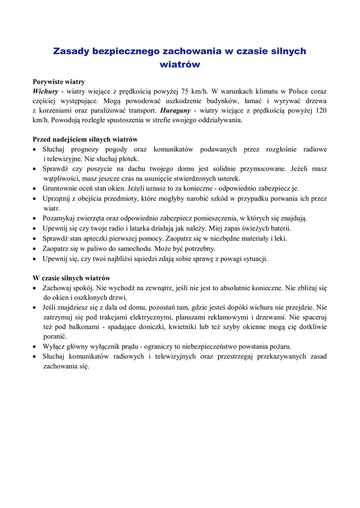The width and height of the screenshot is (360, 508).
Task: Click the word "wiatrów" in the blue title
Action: pyautogui.click(x=180, y=64)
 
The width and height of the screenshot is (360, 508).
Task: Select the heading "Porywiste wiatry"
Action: pyautogui.click(x=59, y=81)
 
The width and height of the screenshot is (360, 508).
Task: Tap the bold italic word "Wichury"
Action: pyautogui.click(x=46, y=91)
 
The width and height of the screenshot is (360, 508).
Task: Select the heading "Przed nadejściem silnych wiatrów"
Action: pyautogui.click(x=85, y=139)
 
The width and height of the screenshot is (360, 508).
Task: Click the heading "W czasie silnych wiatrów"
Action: pyautogui.click(x=72, y=278)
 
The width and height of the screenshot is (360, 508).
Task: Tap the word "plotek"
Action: pyautogui.click(x=128, y=159)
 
